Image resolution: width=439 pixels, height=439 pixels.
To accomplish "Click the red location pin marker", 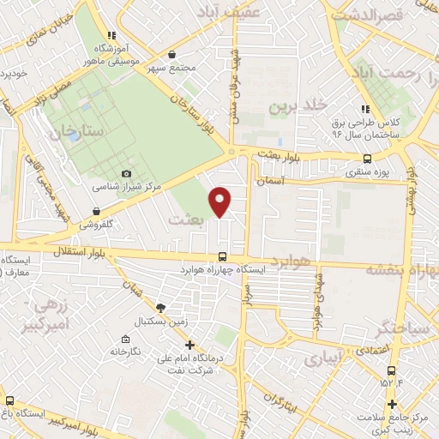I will [x=221, y=201].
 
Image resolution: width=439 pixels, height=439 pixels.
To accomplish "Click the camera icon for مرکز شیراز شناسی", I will [x=128, y=174].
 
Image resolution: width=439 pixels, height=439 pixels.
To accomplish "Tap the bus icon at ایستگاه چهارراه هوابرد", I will [x=223, y=256].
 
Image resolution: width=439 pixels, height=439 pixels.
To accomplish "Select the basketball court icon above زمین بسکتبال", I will [x=159, y=307].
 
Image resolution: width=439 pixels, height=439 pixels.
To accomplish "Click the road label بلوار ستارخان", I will [x=195, y=107].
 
